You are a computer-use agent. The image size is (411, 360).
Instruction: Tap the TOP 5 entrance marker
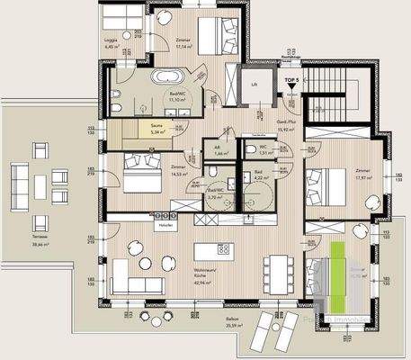point(290,82)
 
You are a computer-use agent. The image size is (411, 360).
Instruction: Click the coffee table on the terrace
point(40,186)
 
